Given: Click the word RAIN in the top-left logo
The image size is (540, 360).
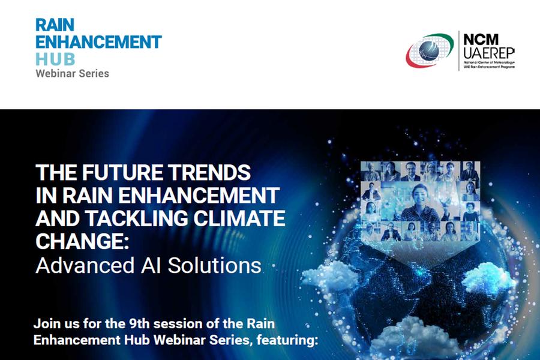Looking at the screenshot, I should coord(55,25).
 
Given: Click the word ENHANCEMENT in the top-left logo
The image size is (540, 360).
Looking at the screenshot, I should coord(98,42).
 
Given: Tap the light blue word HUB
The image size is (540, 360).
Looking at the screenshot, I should coord(55,59).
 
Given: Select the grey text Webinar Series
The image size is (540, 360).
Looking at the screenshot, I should coord(73,73).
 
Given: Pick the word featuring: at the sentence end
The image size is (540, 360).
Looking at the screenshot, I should coord(286,340).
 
